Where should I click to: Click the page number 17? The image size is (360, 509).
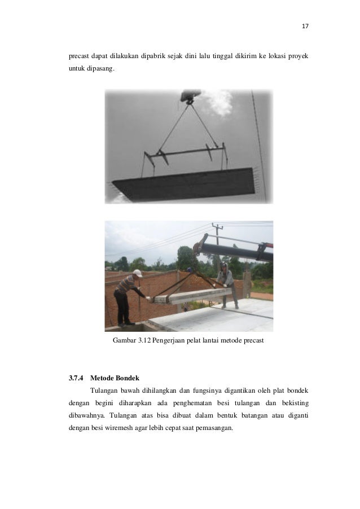click(x=306, y=27)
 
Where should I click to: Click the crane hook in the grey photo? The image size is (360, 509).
click(x=187, y=98)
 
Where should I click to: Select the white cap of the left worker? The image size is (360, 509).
click(x=138, y=273)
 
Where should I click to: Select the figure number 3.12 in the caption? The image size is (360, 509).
click(x=146, y=341)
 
